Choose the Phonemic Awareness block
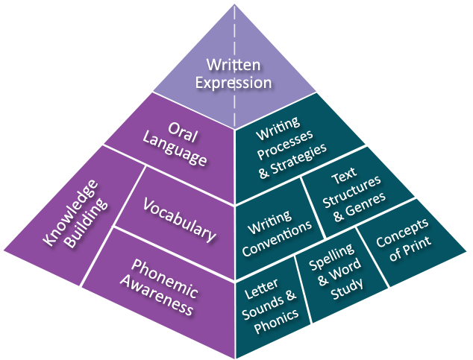(x=163, y=286)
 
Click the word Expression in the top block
(x=234, y=82)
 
